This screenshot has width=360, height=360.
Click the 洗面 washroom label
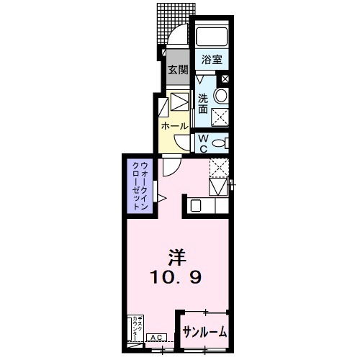(x=204, y=104)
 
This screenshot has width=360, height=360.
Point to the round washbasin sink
(x=221, y=96)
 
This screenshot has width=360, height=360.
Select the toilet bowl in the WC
(x=224, y=140)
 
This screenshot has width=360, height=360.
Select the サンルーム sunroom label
(x=204, y=332)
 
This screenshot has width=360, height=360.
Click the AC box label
(x=155, y=337)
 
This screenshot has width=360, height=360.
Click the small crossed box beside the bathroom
(x=226, y=79)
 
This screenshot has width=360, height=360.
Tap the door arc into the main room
(x=170, y=167)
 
